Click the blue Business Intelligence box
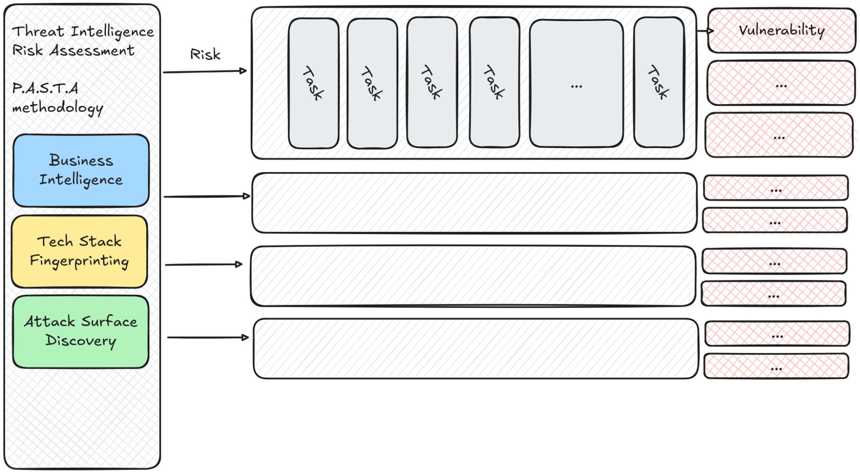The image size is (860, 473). click(81, 171)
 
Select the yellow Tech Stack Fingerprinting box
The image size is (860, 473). click(80, 252)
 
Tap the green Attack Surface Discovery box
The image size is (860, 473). click(81, 332)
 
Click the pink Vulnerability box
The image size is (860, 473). click(781, 31)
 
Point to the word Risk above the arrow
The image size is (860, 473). click(205, 55)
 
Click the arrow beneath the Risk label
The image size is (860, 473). click(205, 71)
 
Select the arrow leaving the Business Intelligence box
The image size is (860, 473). click(207, 196)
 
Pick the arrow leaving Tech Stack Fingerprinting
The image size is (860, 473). click(204, 264)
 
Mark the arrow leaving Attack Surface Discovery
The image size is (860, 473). click(208, 337)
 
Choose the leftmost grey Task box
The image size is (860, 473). click(313, 83)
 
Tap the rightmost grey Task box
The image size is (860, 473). click(659, 82)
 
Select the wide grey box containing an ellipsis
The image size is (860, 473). click(576, 83)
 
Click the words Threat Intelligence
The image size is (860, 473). click(83, 32)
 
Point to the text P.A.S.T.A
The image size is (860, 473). click(45, 88)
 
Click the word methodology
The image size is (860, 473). click(58, 108)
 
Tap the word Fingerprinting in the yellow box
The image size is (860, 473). click(79, 261)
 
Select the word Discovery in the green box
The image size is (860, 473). click(81, 340)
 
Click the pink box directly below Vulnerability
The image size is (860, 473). click(781, 83)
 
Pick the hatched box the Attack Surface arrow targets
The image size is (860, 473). click(475, 349)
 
